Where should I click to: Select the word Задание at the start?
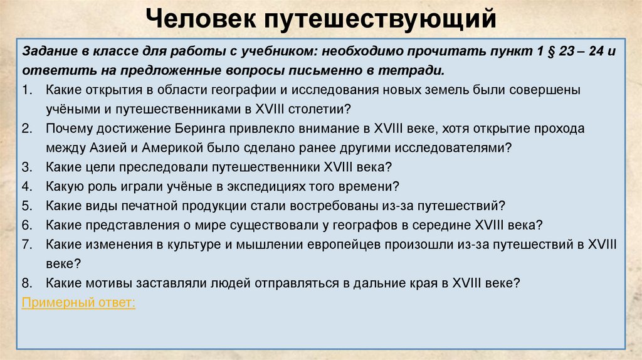(46, 51)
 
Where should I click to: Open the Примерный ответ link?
(78, 302)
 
